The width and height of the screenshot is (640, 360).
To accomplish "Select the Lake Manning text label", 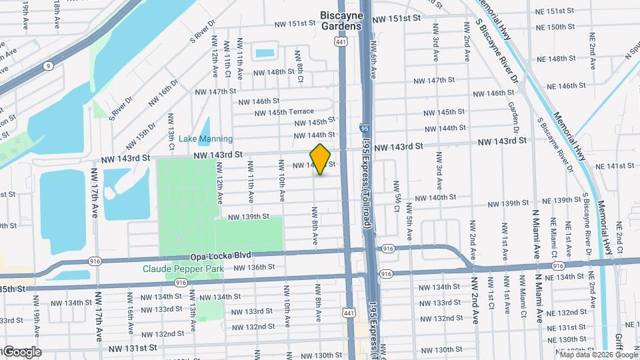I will click(205, 139).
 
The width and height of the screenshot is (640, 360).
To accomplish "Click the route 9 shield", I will click(48, 66).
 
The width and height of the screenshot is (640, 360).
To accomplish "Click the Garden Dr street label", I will click(513, 117).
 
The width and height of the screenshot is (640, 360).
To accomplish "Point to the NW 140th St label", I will click(435, 197).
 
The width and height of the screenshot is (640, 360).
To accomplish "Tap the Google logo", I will click(21, 352).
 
